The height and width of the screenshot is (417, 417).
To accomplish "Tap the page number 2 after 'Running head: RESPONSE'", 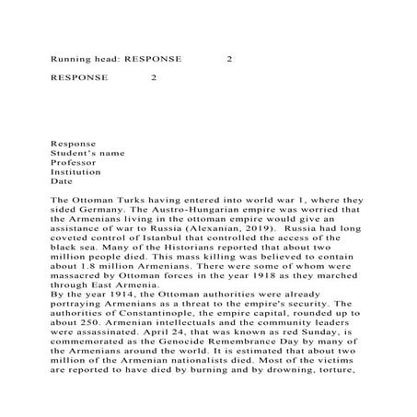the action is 229,60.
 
